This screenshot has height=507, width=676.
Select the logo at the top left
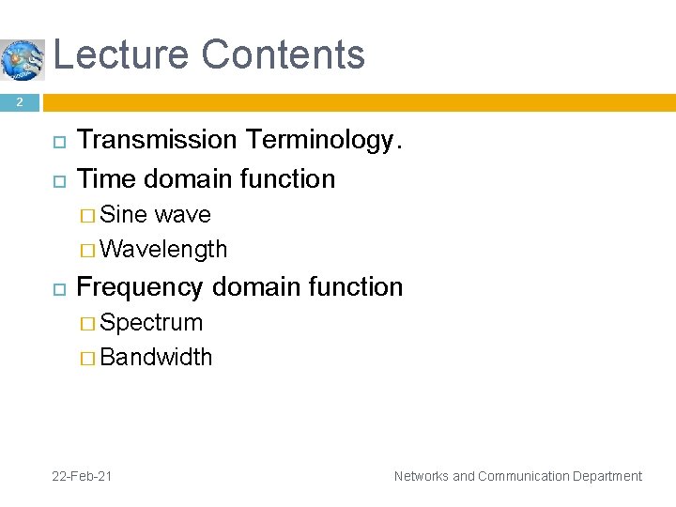click(23, 60)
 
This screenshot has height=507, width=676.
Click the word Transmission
click(157, 140)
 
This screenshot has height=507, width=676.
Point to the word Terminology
click(323, 141)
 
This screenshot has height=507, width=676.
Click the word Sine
click(123, 215)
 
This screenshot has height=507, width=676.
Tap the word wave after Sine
click(182, 215)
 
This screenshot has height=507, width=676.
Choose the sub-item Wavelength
click(163, 249)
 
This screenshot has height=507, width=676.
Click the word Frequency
click(141, 287)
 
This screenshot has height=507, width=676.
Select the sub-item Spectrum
click(151, 323)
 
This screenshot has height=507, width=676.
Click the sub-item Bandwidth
click(156, 358)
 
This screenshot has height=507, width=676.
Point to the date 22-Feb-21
click(83, 476)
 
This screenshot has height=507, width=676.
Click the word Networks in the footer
click(421, 476)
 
